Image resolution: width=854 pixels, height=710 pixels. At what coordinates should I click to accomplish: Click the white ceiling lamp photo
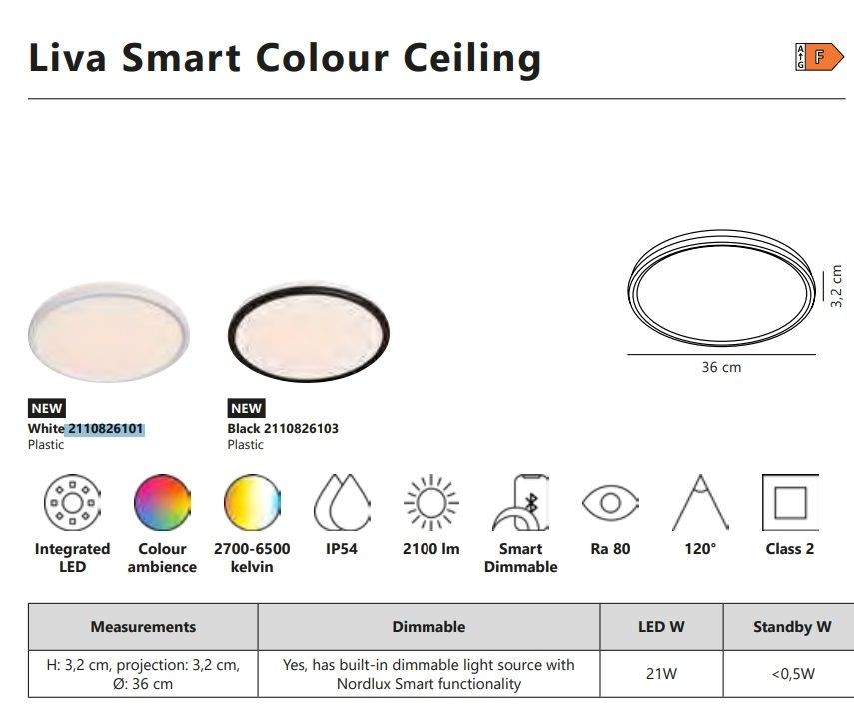[109, 331]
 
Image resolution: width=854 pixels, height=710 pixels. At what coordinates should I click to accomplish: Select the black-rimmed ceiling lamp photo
[309, 333]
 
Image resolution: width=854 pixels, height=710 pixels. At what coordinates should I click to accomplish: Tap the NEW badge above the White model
[47, 408]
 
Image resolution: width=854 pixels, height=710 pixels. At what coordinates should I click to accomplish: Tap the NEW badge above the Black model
[246, 408]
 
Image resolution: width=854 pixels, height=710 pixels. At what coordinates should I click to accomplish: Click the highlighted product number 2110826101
[105, 429]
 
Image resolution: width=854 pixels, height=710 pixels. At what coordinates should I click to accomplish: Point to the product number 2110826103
[301, 429]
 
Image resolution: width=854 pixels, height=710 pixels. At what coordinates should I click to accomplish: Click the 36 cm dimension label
[721, 367]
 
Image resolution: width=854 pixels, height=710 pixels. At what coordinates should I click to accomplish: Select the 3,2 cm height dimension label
[837, 286]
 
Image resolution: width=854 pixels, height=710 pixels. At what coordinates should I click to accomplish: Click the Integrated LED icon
[73, 502]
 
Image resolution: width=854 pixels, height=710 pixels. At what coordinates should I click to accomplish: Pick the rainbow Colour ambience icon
[162, 502]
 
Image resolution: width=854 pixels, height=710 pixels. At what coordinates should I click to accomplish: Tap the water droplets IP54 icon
[342, 502]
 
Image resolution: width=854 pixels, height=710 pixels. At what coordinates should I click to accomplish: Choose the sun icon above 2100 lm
[431, 502]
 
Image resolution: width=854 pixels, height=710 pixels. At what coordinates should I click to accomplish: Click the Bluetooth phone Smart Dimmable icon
[521, 502]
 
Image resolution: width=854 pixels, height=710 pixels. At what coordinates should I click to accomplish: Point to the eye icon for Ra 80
[610, 502]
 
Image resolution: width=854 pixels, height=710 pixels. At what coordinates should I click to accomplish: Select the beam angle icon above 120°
[700, 502]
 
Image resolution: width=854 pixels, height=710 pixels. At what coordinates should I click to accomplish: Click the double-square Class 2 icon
[790, 502]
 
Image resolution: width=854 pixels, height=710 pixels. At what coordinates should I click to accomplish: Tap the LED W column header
[661, 627]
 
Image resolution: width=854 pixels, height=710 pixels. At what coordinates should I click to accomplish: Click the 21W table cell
[661, 674]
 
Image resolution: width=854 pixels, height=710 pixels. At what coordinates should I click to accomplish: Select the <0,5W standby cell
[793, 674]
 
